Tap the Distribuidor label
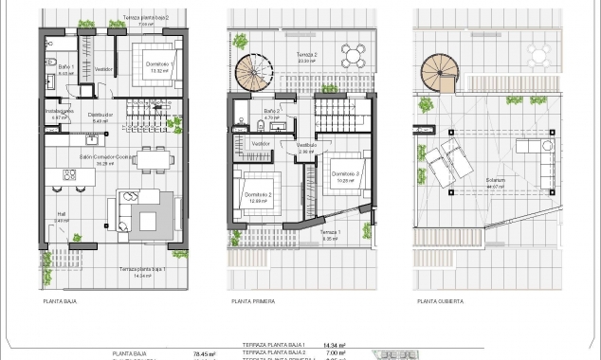(101, 117)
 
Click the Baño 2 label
(270, 113)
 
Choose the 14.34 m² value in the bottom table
(333, 346)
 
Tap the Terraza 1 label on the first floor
(329, 233)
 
